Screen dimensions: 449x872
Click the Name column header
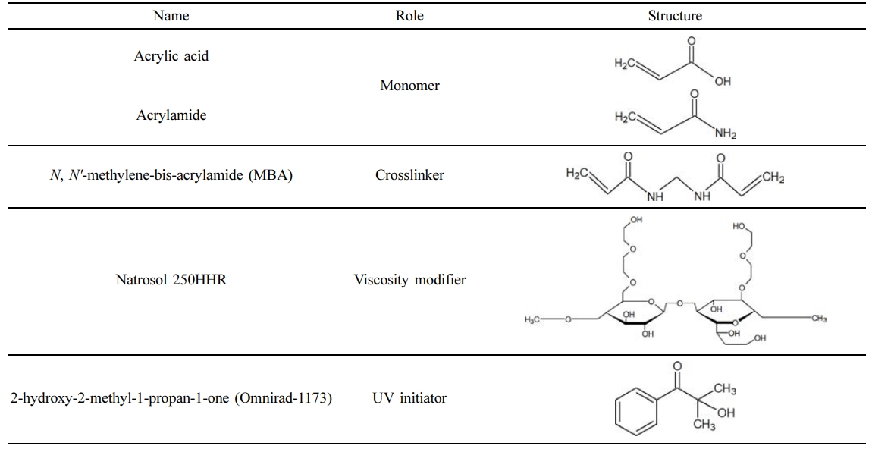coord(171,15)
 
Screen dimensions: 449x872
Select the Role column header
coord(409,15)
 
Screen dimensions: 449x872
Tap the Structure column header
coord(675,15)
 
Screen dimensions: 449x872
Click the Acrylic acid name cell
coord(171,57)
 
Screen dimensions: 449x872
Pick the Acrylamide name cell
coord(171,115)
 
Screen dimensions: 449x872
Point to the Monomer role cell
coord(409,86)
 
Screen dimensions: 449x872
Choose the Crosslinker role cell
coord(409,175)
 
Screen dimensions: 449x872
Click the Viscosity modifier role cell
coord(409,280)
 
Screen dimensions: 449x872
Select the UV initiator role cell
coord(409,397)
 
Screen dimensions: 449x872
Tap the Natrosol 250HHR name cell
coord(171,280)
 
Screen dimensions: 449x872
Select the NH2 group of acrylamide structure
coord(726,134)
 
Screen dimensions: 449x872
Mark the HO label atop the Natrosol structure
coord(739,225)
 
